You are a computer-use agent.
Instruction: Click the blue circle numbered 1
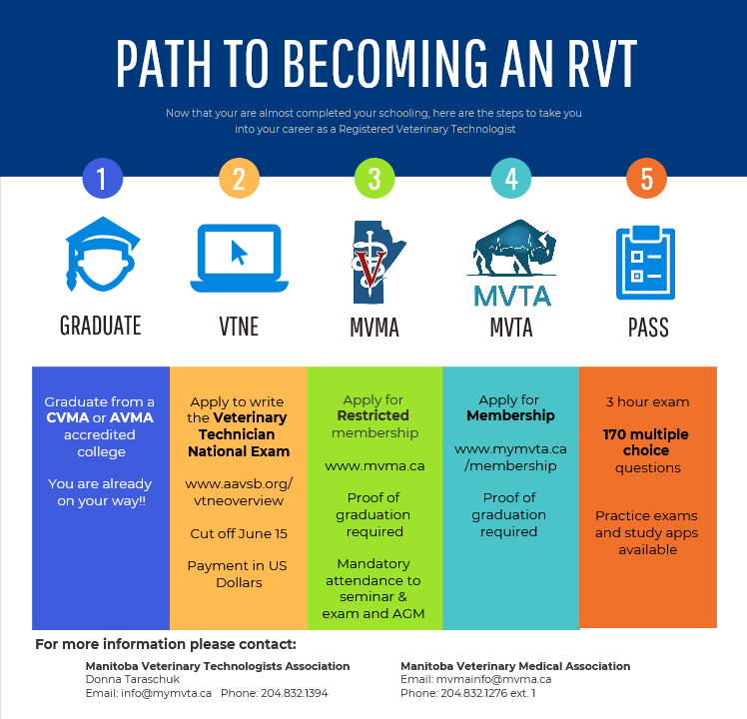click(x=102, y=180)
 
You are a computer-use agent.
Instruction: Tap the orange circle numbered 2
click(x=239, y=180)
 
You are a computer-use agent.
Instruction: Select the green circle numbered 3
click(x=374, y=180)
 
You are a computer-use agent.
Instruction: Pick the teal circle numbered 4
click(x=511, y=180)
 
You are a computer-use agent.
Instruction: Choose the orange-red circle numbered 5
click(x=646, y=180)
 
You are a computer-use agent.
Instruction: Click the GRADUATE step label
click(x=101, y=326)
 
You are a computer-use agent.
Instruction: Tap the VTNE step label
click(x=239, y=326)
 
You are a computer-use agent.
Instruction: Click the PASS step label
click(x=648, y=327)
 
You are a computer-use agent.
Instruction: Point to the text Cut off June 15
click(x=239, y=533)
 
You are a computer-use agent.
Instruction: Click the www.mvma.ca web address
click(x=374, y=465)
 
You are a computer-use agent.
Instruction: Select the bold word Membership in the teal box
click(x=510, y=415)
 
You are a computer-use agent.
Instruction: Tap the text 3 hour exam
click(x=647, y=401)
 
